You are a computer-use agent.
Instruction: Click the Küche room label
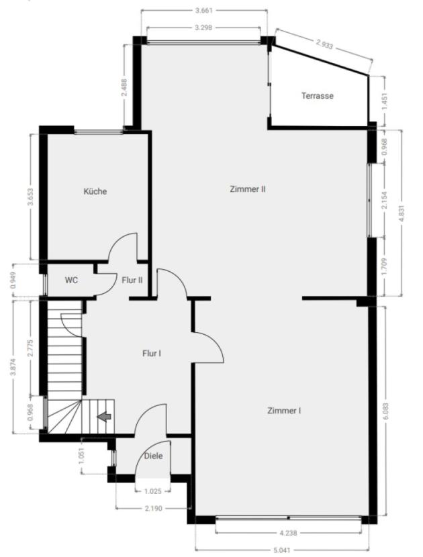pyautogui.click(x=95, y=191)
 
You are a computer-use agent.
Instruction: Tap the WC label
pyautogui.click(x=71, y=281)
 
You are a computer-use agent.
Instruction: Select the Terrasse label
pyautogui.click(x=318, y=96)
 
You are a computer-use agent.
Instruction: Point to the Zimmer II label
pyautogui.click(x=248, y=189)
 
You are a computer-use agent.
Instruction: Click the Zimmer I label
pyautogui.click(x=284, y=411)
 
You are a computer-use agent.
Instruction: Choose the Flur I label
pyautogui.click(x=152, y=354)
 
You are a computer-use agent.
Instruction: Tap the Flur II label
pyautogui.click(x=132, y=281)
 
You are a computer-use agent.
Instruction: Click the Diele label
pyautogui.click(x=154, y=456)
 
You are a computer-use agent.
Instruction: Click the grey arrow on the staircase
pyautogui.click(x=104, y=416)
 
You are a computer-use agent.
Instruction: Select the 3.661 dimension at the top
pyautogui.click(x=204, y=11)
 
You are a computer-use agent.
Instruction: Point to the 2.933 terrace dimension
pyautogui.click(x=324, y=44)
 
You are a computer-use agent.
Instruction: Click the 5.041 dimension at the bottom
pyautogui.click(x=282, y=550)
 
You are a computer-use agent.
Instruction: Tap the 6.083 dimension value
pyautogui.click(x=386, y=411)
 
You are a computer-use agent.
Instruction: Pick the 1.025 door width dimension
pyautogui.click(x=153, y=492)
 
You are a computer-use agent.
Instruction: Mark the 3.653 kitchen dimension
pyautogui.click(x=31, y=197)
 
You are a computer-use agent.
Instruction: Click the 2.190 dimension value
pyautogui.click(x=154, y=509)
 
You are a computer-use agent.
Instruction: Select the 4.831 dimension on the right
pyautogui.click(x=402, y=213)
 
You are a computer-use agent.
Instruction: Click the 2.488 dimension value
pyautogui.click(x=124, y=87)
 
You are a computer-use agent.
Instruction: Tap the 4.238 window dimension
pyautogui.click(x=288, y=533)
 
